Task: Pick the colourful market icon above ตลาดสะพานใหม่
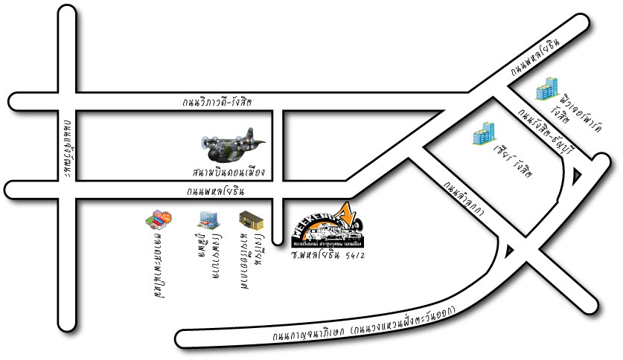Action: [159, 219]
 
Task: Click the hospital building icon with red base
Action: [206, 219]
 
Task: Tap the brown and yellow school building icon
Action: [249, 220]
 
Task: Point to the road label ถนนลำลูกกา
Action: [464, 199]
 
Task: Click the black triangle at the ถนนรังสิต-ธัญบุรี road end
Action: [578, 176]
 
